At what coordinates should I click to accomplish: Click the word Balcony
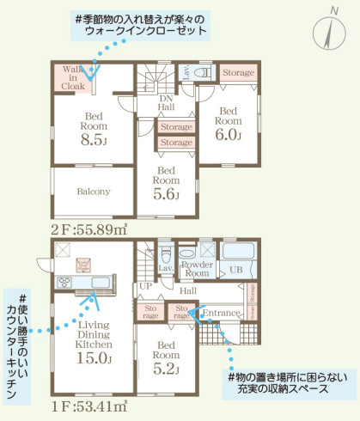pyautogui.click(x=94, y=191)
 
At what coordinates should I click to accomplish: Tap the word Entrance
pyautogui.click(x=223, y=314)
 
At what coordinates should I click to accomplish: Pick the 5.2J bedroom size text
pyautogui.click(x=166, y=369)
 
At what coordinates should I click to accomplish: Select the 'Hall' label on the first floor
pyautogui.click(x=189, y=291)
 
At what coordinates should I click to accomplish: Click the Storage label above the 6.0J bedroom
pyautogui.click(x=238, y=74)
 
